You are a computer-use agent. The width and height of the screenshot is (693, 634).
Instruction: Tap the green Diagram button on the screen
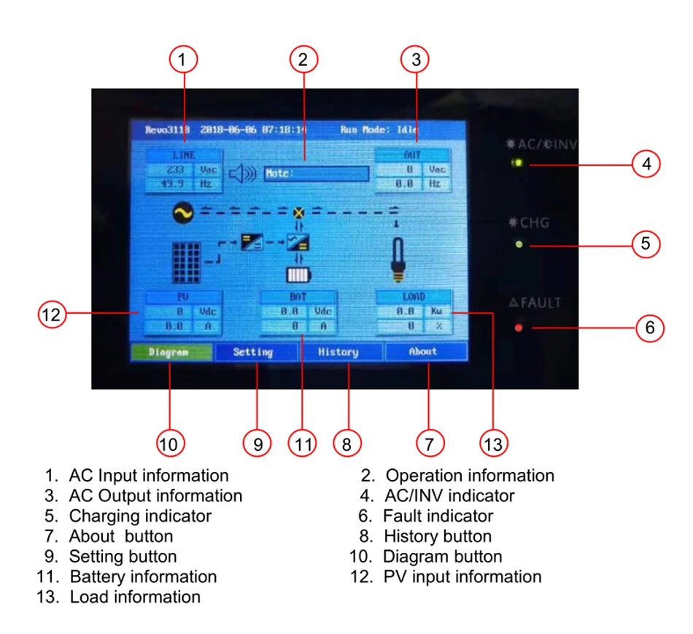[x=171, y=352]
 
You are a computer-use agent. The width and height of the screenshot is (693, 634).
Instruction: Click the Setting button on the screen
[x=253, y=352]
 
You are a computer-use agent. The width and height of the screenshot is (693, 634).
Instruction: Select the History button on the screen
[x=338, y=352]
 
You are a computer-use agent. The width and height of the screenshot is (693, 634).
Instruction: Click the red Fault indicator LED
[x=519, y=328]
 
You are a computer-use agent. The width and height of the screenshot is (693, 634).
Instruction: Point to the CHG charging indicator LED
[x=519, y=244]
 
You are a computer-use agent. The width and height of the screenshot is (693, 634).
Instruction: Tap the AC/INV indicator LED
[x=518, y=163]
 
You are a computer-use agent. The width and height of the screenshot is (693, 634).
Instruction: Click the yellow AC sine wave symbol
[x=182, y=213]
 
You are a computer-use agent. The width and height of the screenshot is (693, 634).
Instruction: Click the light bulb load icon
[x=397, y=259]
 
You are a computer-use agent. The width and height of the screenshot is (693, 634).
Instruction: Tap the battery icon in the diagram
[x=297, y=274]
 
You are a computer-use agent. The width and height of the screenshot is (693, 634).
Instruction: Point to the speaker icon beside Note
[x=243, y=174]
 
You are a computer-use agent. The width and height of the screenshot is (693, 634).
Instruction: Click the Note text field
[x=317, y=174]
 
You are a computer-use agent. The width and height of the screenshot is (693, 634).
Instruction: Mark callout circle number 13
[x=493, y=443]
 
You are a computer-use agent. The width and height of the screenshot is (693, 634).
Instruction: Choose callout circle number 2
[x=303, y=58]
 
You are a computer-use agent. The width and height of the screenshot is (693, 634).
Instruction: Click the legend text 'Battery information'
[x=143, y=576]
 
